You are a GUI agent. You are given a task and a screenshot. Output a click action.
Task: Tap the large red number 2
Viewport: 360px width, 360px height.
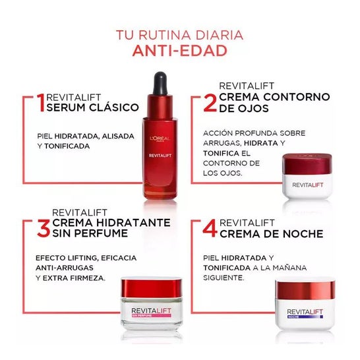[x=210, y=103]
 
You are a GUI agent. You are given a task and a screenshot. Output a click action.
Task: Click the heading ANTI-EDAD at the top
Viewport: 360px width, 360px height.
[x=179, y=51]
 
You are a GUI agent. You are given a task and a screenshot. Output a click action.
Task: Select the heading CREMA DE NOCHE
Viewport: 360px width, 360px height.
[x=271, y=234]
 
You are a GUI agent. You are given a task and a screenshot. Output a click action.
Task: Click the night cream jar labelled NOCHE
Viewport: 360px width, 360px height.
[x=305, y=305]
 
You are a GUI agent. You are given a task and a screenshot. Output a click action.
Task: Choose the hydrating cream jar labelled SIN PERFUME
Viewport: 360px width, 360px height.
[x=157, y=303]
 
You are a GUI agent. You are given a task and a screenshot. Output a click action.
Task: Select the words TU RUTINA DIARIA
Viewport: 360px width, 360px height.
[x=179, y=34]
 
